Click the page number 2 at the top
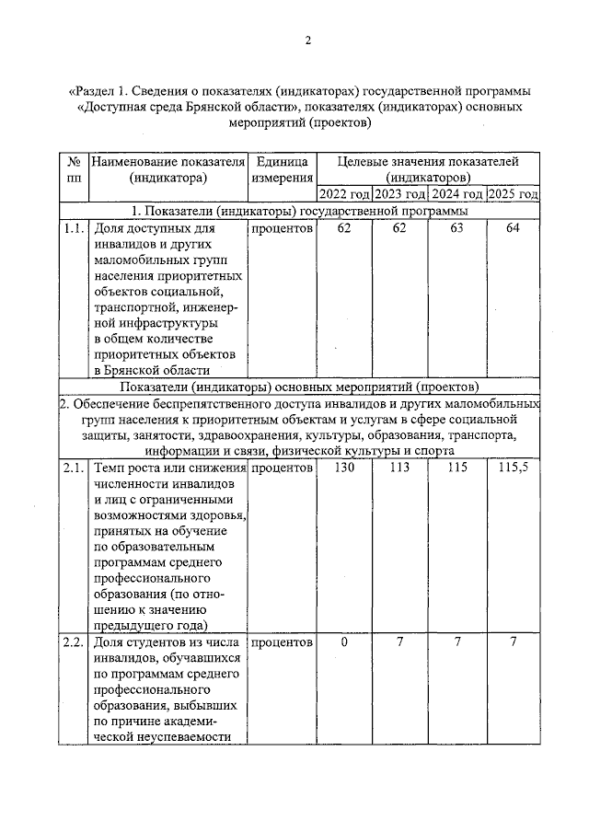309,40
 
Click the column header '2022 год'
344,194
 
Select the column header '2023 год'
399,194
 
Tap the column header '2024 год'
456,194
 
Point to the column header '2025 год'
513,194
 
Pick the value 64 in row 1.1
513,228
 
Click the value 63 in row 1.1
456,228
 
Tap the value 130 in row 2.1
344,468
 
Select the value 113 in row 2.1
399,468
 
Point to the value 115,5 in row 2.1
513,468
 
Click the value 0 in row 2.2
344,641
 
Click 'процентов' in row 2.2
282,641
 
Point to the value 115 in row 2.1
456,468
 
